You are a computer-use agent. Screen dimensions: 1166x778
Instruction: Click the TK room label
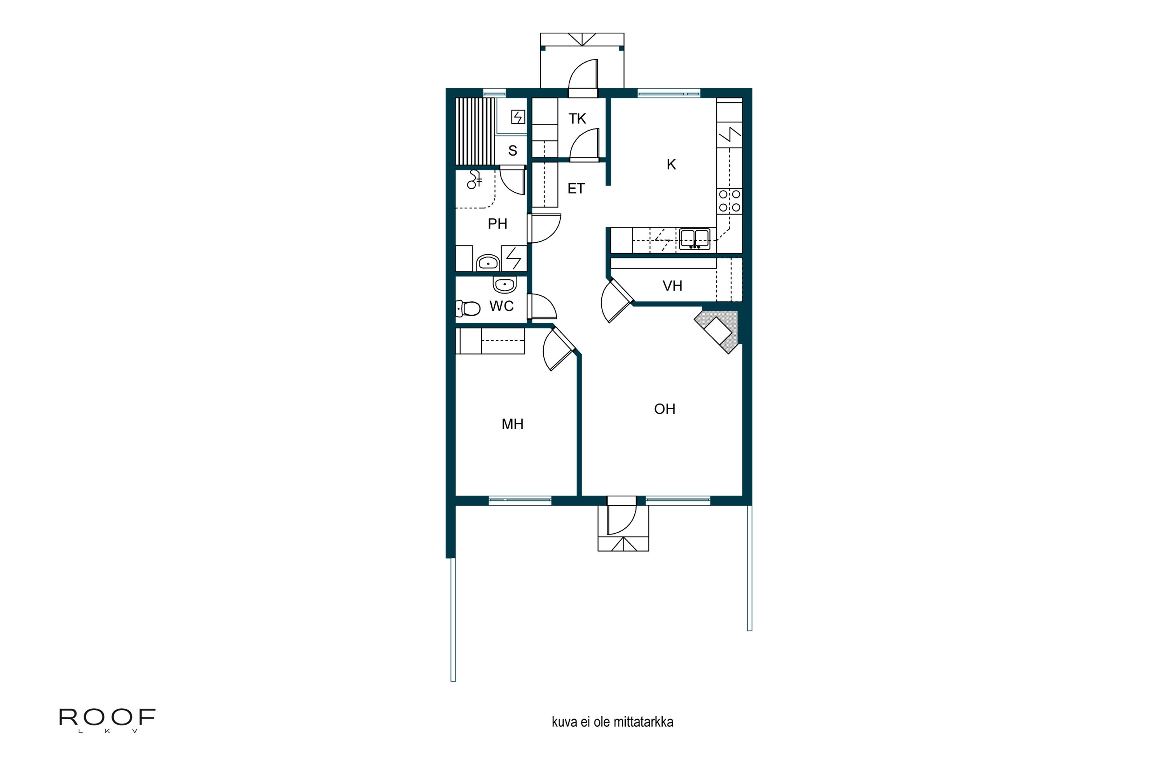577,119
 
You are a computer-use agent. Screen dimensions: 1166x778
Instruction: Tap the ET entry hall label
576,189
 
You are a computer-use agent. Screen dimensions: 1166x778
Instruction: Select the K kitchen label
671,164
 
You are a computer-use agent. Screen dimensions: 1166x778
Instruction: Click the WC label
501,306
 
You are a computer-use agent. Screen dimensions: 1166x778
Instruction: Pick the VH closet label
672,286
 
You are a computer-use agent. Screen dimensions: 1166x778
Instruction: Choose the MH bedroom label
513,424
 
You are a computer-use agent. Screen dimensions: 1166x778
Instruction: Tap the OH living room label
665,409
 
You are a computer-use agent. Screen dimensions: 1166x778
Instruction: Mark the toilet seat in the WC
468,308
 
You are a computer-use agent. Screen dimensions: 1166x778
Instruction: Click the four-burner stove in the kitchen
729,201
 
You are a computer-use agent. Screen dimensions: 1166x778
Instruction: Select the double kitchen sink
695,239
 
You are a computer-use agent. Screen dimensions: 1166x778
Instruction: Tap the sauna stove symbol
518,117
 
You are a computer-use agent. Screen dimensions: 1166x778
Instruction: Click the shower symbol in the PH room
475,180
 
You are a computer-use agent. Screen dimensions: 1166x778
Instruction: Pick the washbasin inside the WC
504,285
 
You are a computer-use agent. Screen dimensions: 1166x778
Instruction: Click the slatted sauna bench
475,131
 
